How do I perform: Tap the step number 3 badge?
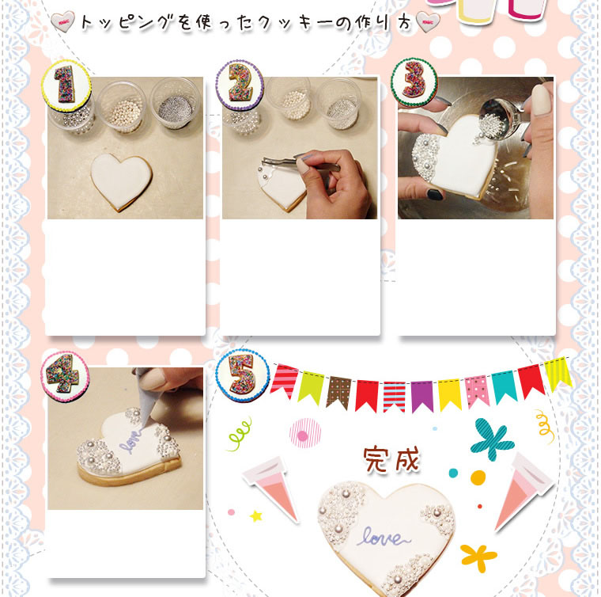click(x=414, y=82)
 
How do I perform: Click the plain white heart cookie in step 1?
click(x=121, y=181)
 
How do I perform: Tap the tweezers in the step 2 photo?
click(x=300, y=163)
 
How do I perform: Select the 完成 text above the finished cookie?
click(x=391, y=459)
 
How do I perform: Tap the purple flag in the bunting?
click(x=421, y=396)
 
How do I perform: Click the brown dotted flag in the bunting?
click(x=338, y=391)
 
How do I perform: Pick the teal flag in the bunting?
click(x=504, y=386)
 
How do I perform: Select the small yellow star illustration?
click(x=256, y=516)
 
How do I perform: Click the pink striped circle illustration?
click(x=304, y=433)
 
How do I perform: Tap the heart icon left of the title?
click(x=62, y=22)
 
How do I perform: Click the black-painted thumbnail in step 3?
click(x=436, y=195)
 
